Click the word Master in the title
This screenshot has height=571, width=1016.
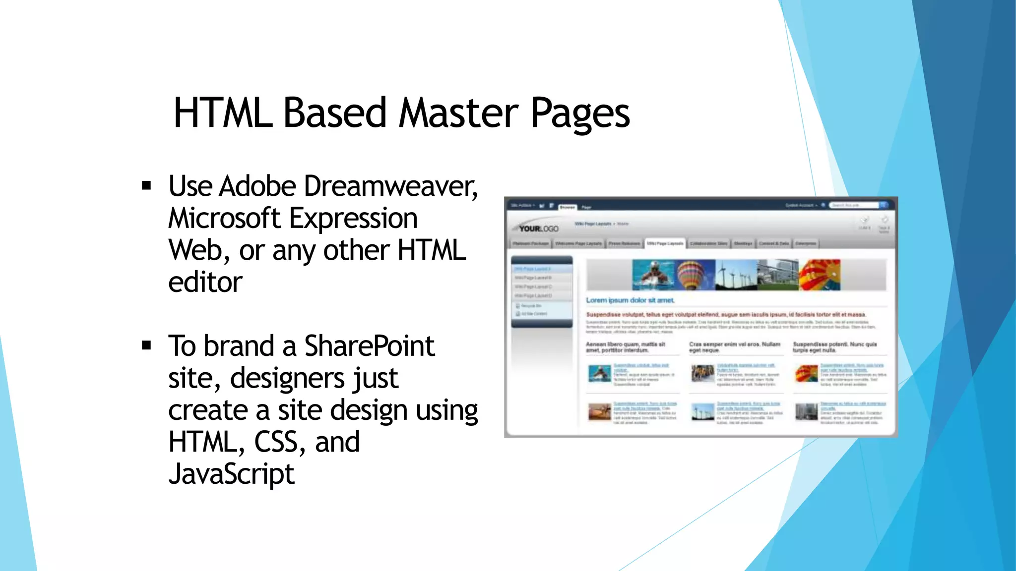(x=458, y=113)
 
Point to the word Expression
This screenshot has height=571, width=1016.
(x=353, y=219)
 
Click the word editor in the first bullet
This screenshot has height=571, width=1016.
(x=205, y=283)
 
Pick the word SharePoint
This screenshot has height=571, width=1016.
(x=369, y=346)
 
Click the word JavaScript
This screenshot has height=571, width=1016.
(x=231, y=474)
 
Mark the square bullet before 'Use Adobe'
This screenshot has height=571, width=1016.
(x=146, y=186)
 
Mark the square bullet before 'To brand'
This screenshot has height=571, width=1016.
(x=146, y=345)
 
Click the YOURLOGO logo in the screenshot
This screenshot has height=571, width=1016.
(x=538, y=228)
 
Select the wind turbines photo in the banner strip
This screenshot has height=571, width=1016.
(x=736, y=275)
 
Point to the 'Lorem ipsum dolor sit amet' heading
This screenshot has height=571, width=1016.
(x=630, y=300)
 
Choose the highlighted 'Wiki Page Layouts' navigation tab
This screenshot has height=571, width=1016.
(x=665, y=243)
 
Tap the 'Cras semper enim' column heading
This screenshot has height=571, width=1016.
(x=734, y=347)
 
